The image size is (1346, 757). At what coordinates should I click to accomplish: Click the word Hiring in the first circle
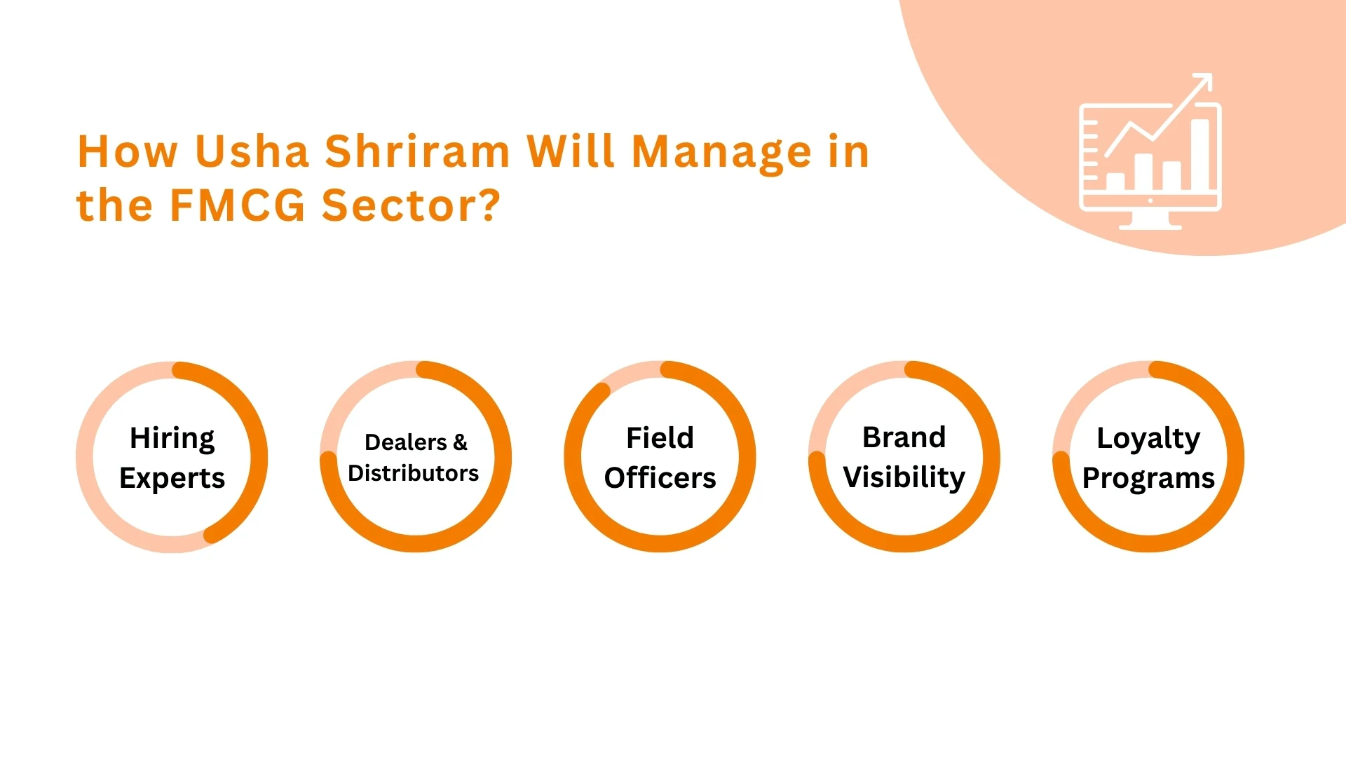172,439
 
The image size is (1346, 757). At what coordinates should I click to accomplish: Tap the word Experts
172,479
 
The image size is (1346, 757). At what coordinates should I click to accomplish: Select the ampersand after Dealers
460,442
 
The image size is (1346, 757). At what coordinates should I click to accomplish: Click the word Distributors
414,473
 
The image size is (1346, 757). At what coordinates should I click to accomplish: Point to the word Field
660,437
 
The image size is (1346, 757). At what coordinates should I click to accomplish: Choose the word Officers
660,478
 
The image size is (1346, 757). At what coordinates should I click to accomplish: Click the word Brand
904,437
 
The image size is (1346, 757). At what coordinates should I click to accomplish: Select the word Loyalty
1148,439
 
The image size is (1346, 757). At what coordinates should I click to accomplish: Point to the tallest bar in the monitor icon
1200,154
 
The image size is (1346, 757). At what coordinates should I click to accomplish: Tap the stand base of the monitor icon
1150,226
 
